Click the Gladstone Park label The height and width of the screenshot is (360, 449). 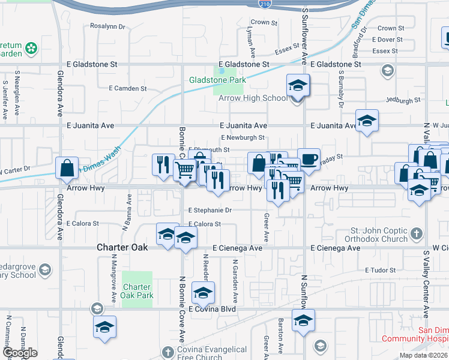pyautogui.click(x=217, y=79)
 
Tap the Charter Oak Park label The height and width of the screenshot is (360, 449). pyautogui.click(x=138, y=291)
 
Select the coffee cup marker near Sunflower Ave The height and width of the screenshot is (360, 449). pyautogui.click(x=309, y=158)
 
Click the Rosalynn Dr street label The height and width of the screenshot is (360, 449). pyautogui.click(x=107, y=26)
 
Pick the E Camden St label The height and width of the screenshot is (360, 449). pyautogui.click(x=128, y=88)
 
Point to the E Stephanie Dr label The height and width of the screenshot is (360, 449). pyautogui.click(x=209, y=211)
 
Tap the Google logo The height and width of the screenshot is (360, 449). pyautogui.click(x=20, y=353)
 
